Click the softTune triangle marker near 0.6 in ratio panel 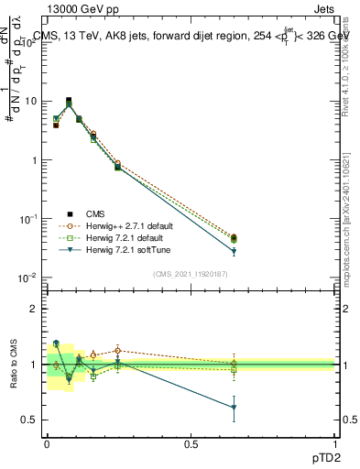[x=234, y=408]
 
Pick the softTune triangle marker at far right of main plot [x=234, y=251]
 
